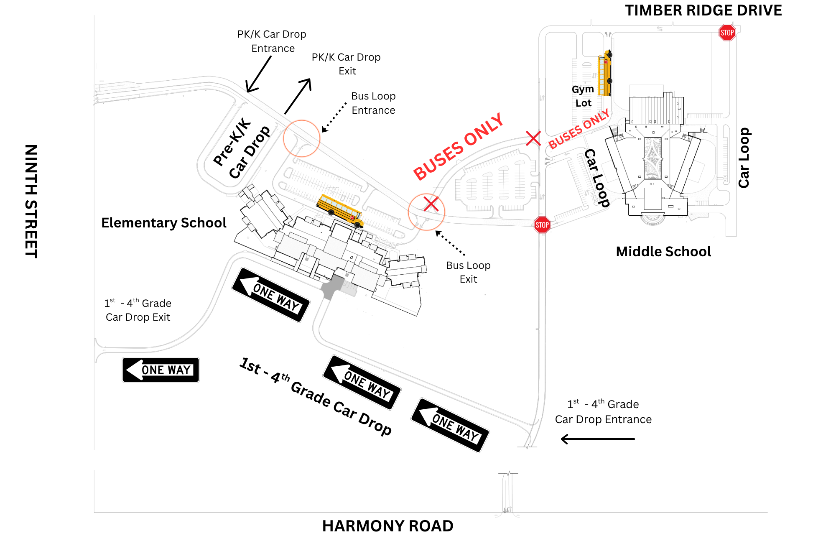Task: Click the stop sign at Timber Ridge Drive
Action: (727, 33)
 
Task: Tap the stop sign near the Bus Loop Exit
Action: (542, 225)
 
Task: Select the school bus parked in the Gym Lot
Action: (605, 74)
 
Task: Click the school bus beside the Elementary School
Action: (339, 210)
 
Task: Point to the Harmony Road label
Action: (387, 526)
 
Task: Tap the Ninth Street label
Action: (31, 201)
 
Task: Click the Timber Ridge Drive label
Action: (703, 10)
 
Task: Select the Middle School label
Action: (663, 252)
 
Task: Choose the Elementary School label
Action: (164, 223)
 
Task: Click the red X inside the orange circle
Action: (431, 204)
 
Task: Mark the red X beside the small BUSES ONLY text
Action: (533, 138)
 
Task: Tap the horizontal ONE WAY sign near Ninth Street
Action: (161, 370)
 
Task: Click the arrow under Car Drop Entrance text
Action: (597, 439)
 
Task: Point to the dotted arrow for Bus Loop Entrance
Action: (334, 117)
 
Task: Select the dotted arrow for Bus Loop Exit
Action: (450, 243)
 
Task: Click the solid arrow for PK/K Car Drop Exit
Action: (298, 96)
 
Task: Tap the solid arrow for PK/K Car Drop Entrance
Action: (259, 74)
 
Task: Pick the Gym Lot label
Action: (583, 96)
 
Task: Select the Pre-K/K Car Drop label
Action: (242, 148)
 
